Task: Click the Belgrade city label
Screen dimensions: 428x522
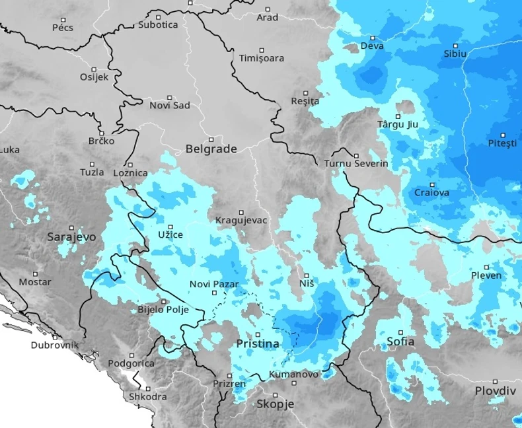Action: (211, 149)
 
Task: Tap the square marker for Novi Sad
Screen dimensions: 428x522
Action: (169, 97)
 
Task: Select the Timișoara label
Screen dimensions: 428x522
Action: (262, 58)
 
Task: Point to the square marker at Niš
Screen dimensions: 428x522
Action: (307, 275)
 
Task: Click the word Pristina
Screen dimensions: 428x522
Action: (258, 344)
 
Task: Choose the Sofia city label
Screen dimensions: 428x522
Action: (400, 342)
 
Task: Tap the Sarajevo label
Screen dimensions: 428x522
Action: (71, 236)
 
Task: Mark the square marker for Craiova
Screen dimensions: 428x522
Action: (432, 185)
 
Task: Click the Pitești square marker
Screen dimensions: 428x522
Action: (502, 135)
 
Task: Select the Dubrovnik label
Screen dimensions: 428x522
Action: (55, 345)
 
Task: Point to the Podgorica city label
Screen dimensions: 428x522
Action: (131, 363)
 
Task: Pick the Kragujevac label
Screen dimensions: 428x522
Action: (241, 220)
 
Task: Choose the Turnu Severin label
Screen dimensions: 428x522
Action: (356, 164)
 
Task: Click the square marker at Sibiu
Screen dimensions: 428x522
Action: (455, 45)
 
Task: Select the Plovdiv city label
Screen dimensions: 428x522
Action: (495, 390)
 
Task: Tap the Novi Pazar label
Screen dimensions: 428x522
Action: (213, 284)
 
